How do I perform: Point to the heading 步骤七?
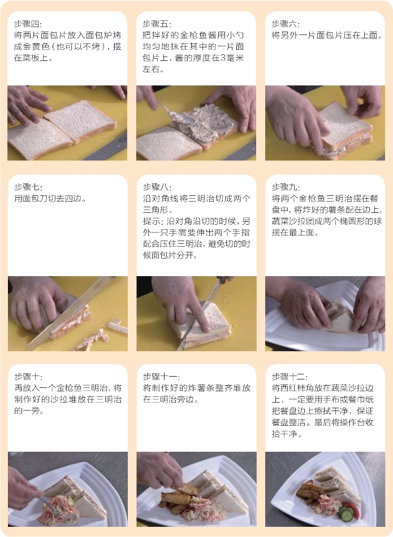[x=28, y=187]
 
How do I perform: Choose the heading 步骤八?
[x=157, y=187]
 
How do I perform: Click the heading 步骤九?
[x=285, y=187]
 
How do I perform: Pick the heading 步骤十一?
[x=161, y=377]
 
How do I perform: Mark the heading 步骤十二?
[x=289, y=377]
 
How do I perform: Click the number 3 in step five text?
[x=223, y=58]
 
